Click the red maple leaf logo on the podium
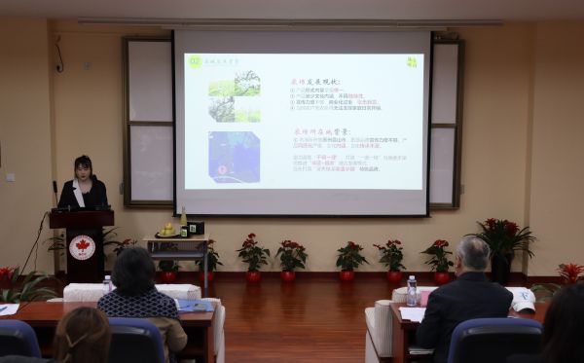coord(82,247)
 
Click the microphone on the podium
coord(55,191)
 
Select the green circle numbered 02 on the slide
coord(195,61)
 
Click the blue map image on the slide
coord(234,157)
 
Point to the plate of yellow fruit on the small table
coord(167,232)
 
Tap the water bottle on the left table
coord(107,283)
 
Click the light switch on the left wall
coord(11,177)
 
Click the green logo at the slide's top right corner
coord(411,62)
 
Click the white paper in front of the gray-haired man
coord(412,313)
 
